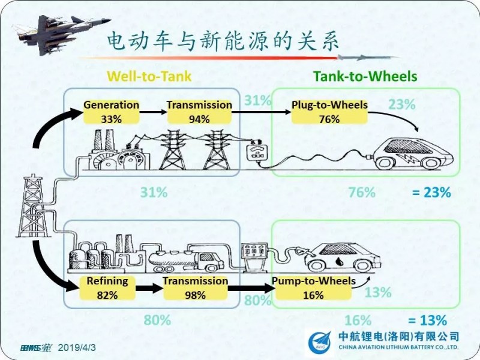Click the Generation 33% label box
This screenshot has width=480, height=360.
pos(111,112)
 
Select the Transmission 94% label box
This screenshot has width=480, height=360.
pos(199,112)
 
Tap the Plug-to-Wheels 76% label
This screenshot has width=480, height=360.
pos(329,112)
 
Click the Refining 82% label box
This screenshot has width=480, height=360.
pos(107,288)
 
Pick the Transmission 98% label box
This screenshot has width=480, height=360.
pos(196,288)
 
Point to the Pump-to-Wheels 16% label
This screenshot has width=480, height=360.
pos(313,288)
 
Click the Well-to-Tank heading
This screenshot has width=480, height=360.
pos(149,76)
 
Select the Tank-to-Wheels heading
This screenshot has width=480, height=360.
pos(365,76)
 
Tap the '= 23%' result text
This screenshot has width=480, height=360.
pos(431,193)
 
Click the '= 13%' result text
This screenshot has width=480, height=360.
pos(427,320)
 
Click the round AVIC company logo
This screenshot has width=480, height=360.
pos(317,343)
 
